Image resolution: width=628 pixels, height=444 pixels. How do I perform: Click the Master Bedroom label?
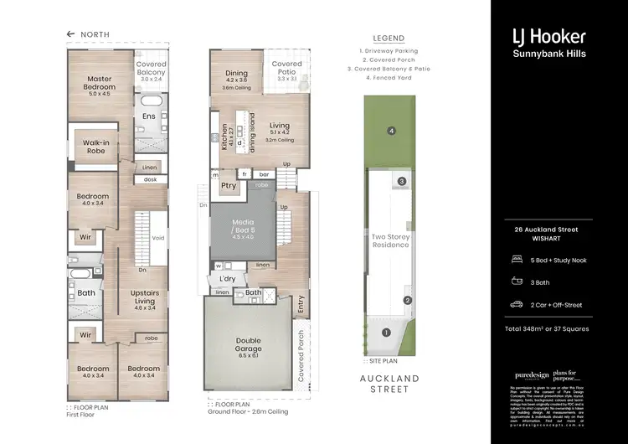tap(100, 84)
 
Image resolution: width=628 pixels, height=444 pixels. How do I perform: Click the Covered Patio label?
tap(286, 69)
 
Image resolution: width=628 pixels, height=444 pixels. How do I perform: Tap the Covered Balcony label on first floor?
tap(152, 69)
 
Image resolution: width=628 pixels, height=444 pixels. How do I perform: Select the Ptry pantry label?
tap(227, 186)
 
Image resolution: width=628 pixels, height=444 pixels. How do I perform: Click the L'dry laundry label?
tap(227, 277)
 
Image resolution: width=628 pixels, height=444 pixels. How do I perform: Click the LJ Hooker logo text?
tap(548, 36)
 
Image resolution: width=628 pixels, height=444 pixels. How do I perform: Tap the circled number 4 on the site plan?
tap(390, 131)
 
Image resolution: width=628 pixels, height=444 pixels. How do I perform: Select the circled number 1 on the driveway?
tap(386, 333)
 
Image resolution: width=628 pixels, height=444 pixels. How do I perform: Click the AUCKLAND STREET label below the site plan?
tap(389, 384)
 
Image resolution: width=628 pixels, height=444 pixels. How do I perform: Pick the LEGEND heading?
tap(389, 39)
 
